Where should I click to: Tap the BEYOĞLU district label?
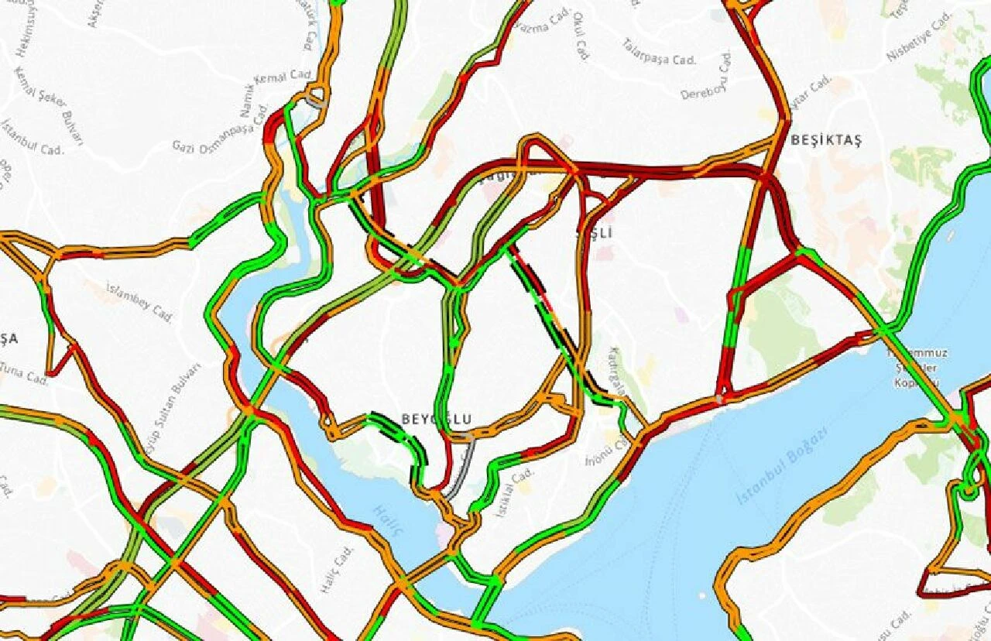(x=436, y=419)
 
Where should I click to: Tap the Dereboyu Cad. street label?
(x=707, y=77)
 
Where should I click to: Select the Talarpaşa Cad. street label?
(x=659, y=50)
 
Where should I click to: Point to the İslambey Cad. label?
(x=139, y=302)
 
